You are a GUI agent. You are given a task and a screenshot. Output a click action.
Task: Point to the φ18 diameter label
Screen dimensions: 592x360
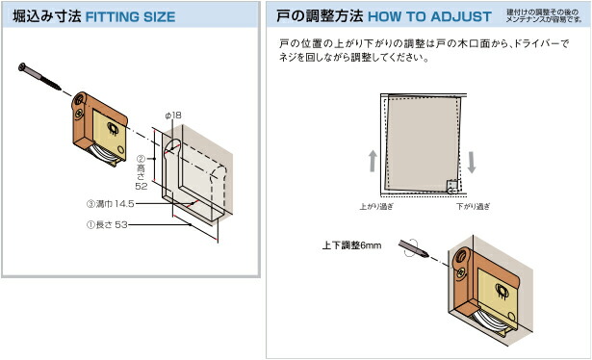click(173, 116)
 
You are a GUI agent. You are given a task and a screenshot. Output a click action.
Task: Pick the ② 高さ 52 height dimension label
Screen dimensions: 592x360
click(140, 173)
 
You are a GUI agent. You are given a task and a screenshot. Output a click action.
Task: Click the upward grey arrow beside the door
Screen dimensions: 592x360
click(373, 160)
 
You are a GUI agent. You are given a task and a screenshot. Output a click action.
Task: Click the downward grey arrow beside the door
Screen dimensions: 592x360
click(472, 160)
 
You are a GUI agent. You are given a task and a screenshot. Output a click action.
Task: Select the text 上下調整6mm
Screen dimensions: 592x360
click(352, 246)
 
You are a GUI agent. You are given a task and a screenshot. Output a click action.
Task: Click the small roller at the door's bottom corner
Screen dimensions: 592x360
click(451, 187)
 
